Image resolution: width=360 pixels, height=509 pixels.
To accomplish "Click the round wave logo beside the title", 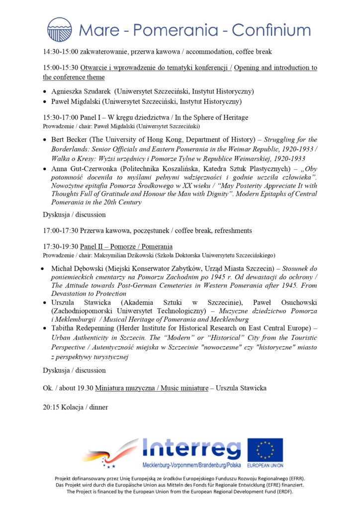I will [x=59, y=29].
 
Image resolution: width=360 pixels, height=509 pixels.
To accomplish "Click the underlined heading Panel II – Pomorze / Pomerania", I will [x=126, y=247].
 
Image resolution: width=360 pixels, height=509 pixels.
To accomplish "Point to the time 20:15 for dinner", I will [x=52, y=408].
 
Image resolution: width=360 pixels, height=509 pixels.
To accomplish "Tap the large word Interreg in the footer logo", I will [x=191, y=449].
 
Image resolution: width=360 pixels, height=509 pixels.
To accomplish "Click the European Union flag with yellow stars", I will [x=265, y=450].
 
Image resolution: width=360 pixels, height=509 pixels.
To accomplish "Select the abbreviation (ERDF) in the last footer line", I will [x=282, y=492].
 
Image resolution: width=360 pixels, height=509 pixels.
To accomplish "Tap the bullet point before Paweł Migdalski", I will [x=46, y=102].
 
